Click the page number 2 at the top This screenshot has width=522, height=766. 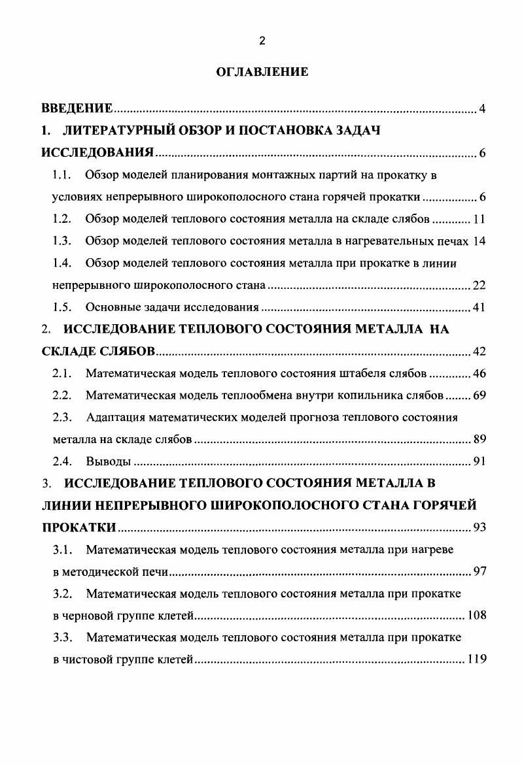pos(262,41)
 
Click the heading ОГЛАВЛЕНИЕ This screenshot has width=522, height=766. pos(262,73)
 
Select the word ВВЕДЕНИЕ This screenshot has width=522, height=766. pos(77,108)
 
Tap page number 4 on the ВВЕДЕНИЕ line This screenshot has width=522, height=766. pos(482,108)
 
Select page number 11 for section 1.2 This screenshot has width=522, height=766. pos(479,219)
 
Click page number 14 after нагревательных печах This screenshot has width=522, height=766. pos(479,241)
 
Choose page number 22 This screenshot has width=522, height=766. pos(479,286)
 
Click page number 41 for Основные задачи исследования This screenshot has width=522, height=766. pos(479,308)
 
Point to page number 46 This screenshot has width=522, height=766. pos(479,375)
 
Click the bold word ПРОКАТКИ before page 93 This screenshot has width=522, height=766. pos(79,528)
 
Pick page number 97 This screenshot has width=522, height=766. pos(479,573)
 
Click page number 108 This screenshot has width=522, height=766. pos(476,616)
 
